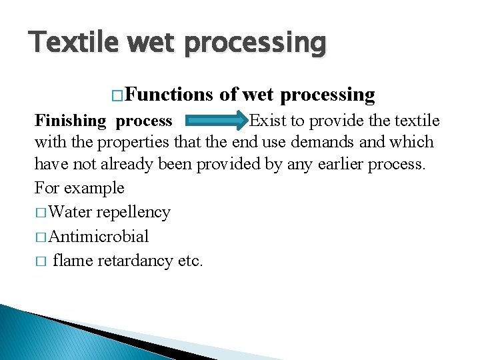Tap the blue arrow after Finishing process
(215, 121)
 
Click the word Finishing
(70, 121)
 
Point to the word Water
(71, 212)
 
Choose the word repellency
(133, 213)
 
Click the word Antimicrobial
(99, 236)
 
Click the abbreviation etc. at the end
(190, 260)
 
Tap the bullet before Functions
(117, 96)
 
